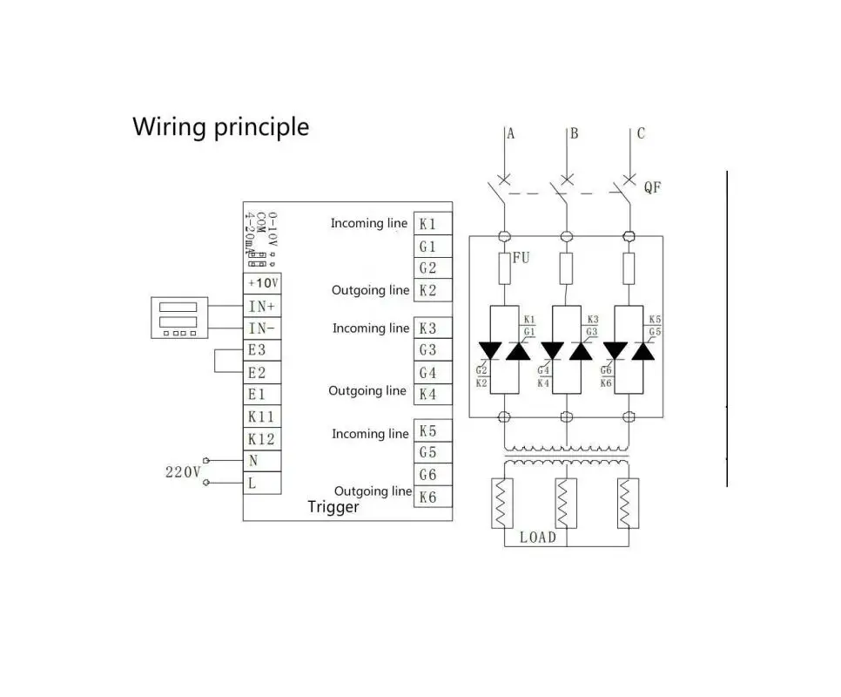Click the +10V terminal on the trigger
pyautogui.click(x=261, y=284)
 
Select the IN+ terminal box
pyautogui.click(x=261, y=307)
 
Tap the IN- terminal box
pyautogui.click(x=261, y=328)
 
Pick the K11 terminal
pyautogui.click(x=261, y=417)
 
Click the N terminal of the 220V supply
pyautogui.click(x=261, y=461)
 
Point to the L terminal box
pyautogui.click(x=261, y=484)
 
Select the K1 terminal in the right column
pyautogui.click(x=432, y=224)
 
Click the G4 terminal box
pyautogui.click(x=432, y=373)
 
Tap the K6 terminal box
pyautogui.click(x=432, y=497)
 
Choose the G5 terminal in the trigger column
pyautogui.click(x=432, y=453)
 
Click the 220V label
pyautogui.click(x=183, y=472)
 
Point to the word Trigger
pyautogui.click(x=333, y=507)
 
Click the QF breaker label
pyautogui.click(x=652, y=187)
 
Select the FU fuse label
pyautogui.click(x=521, y=258)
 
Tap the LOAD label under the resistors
pyautogui.click(x=537, y=537)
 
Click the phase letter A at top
pyautogui.click(x=511, y=133)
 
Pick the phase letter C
pyautogui.click(x=641, y=133)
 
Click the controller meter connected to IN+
pyautogui.click(x=179, y=318)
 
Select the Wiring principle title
pyautogui.click(x=220, y=127)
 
